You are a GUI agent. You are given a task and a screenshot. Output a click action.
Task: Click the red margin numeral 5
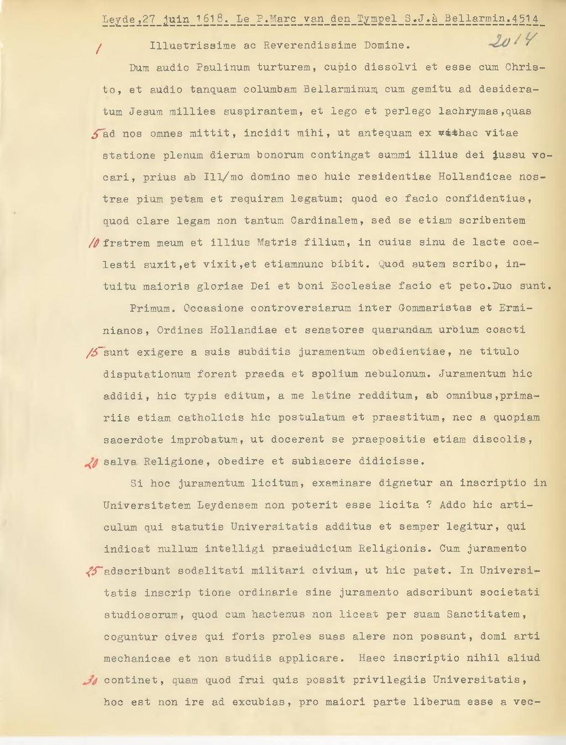coord(97,133)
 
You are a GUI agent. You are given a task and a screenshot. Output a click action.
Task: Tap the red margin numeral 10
coord(94,243)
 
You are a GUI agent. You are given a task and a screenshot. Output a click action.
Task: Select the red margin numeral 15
coord(93,352)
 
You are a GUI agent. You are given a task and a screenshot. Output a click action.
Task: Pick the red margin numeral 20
coord(92,463)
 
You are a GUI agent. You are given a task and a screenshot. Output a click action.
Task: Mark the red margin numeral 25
coord(92,571)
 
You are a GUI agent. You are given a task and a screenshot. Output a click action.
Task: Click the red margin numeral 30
coord(91,680)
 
